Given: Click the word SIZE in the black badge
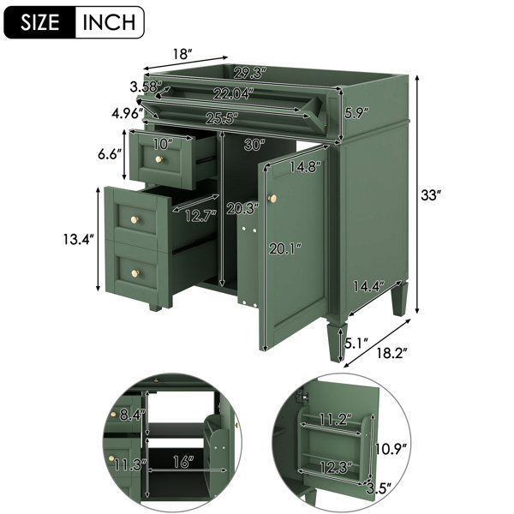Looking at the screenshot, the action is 40,22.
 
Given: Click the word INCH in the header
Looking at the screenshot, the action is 109,22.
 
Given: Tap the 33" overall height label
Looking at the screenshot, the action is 430,195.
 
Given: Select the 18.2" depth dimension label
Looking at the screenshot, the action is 391,353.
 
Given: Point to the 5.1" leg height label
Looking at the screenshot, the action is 356,344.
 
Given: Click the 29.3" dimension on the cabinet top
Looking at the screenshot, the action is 249,73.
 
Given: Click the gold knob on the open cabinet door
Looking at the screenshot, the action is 272,199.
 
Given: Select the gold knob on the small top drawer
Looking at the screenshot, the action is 159,159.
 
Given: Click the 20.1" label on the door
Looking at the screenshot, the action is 285,249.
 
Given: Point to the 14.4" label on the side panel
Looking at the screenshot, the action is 368,287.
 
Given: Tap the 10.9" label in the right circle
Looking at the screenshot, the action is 391,449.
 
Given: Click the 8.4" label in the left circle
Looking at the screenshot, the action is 132,415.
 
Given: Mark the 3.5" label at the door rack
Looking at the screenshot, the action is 380,487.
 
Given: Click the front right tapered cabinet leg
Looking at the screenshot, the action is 337,341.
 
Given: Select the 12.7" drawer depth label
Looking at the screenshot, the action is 200,215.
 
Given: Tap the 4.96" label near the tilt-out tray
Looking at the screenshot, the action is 127,113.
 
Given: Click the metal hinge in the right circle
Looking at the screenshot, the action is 302,397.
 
